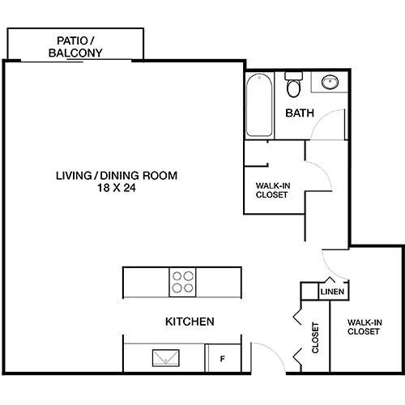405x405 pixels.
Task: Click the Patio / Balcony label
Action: pos(79,46)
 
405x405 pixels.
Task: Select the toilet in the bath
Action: pos(293,86)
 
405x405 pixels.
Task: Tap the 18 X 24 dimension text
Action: pos(116,187)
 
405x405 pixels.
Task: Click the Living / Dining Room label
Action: pos(116,175)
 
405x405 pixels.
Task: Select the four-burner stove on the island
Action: pos(182,282)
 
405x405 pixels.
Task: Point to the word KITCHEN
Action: pos(190,322)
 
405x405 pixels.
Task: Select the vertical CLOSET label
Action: pos(315,339)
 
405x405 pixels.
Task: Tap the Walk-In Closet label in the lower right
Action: pos(364,326)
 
